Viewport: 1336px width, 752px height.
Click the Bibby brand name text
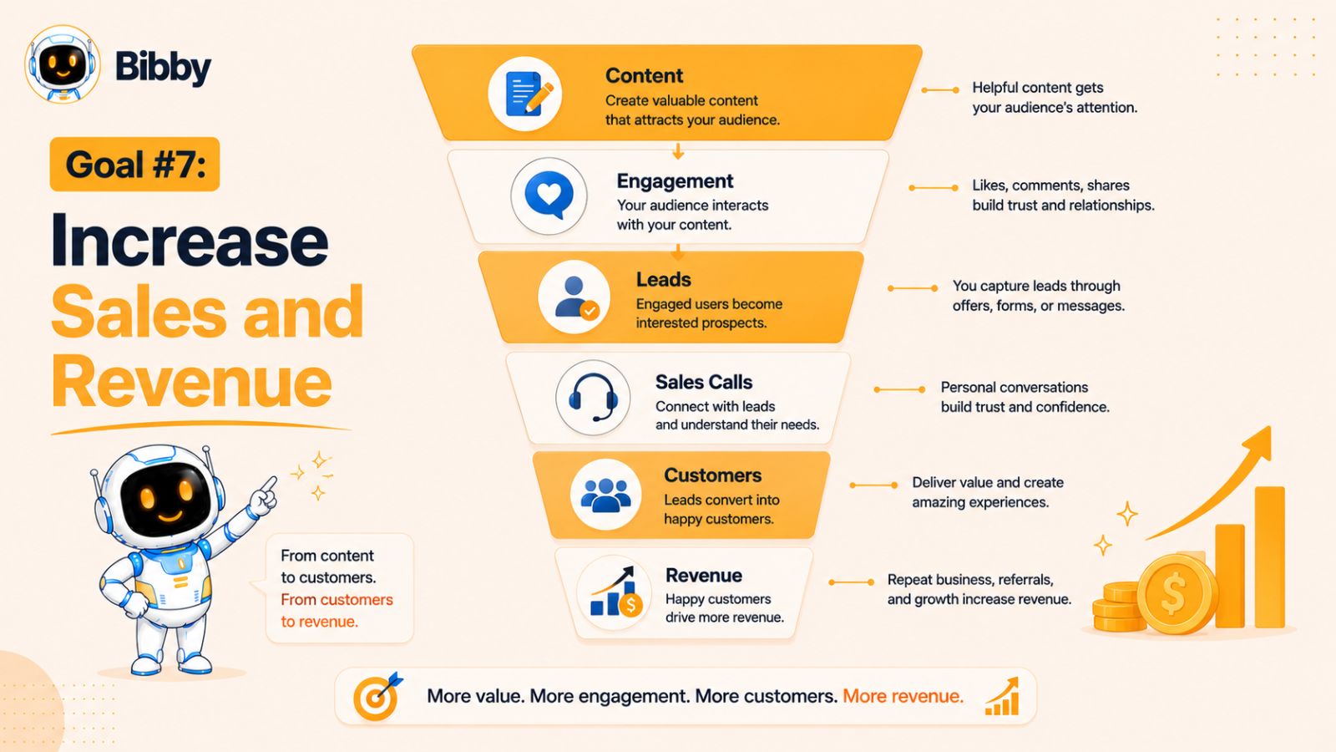[163, 67]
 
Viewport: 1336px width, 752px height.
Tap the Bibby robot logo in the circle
[63, 64]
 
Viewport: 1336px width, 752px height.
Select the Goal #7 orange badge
[134, 164]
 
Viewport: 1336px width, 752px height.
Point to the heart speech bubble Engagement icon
[549, 196]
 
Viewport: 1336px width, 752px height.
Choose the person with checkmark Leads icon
[574, 297]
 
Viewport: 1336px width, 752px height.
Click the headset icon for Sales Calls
[593, 397]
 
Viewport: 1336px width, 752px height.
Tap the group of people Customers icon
[605, 495]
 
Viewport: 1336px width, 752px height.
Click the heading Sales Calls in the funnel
[704, 382]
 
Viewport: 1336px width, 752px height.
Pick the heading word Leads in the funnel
[663, 279]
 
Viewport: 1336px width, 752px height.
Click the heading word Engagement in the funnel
[676, 180]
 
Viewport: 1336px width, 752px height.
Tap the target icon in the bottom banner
[377, 696]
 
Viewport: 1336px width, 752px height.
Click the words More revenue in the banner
[903, 696]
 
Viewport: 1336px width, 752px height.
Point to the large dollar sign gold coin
[1174, 594]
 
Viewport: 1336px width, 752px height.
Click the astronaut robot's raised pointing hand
[263, 496]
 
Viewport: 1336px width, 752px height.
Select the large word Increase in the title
[190, 241]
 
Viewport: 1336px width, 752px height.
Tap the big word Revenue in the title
[191, 381]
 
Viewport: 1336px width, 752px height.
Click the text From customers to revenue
[337, 611]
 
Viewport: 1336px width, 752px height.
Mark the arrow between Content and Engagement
[677, 150]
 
